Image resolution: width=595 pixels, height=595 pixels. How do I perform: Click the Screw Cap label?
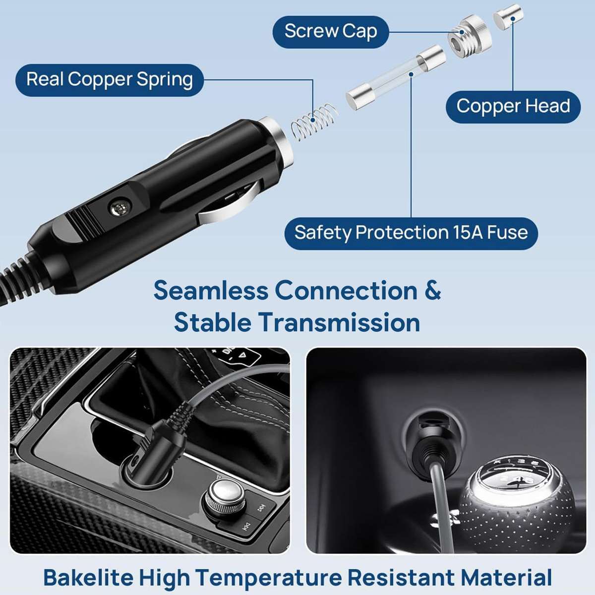pyautogui.click(x=331, y=31)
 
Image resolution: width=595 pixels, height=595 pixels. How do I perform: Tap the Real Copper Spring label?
pyautogui.click(x=110, y=80)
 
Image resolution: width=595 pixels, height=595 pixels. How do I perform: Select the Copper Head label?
pyautogui.click(x=513, y=107)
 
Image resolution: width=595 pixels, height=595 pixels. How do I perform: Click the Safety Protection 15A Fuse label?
pyautogui.click(x=411, y=233)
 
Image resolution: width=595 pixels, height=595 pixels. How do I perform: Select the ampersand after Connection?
pyautogui.click(x=432, y=291)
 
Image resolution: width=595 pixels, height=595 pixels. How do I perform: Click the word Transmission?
pyautogui.click(x=339, y=323)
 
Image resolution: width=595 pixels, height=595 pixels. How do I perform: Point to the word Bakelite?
pyautogui.click(x=88, y=578)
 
